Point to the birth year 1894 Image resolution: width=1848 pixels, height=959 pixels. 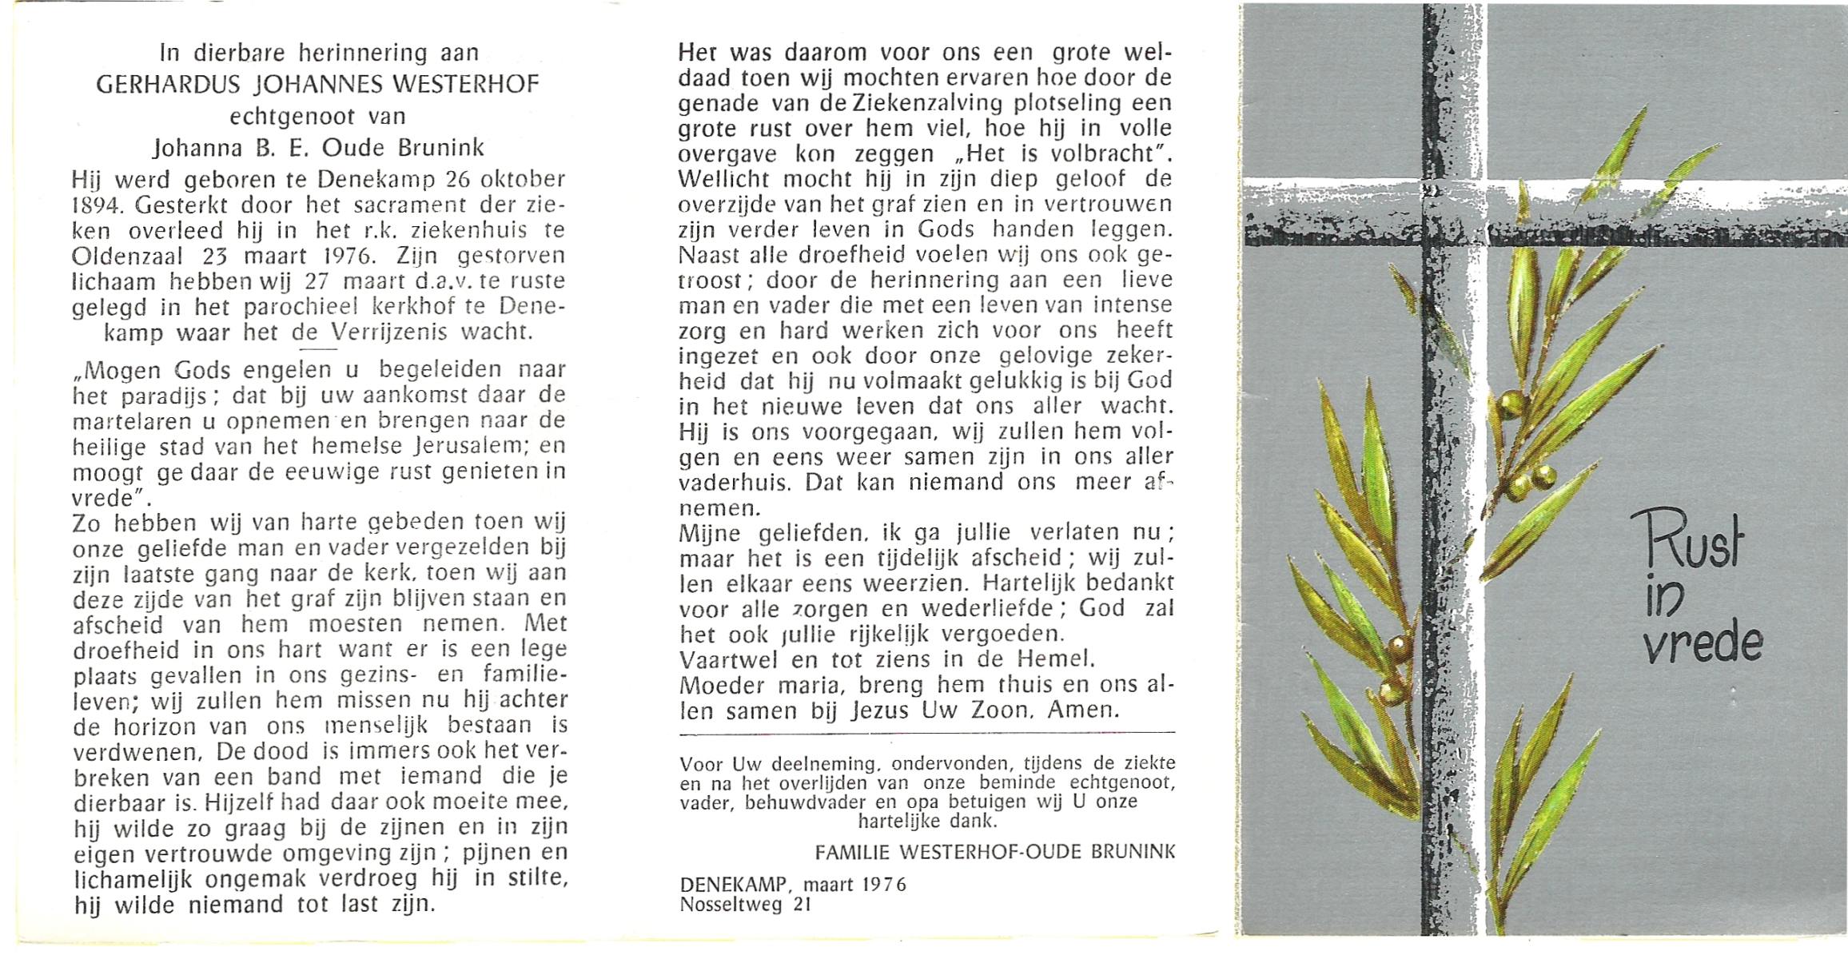pos(94,205)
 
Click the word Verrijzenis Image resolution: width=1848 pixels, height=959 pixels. pos(393,332)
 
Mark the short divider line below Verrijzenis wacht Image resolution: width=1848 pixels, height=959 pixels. pos(316,349)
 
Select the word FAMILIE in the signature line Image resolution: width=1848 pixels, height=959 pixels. pos(852,853)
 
